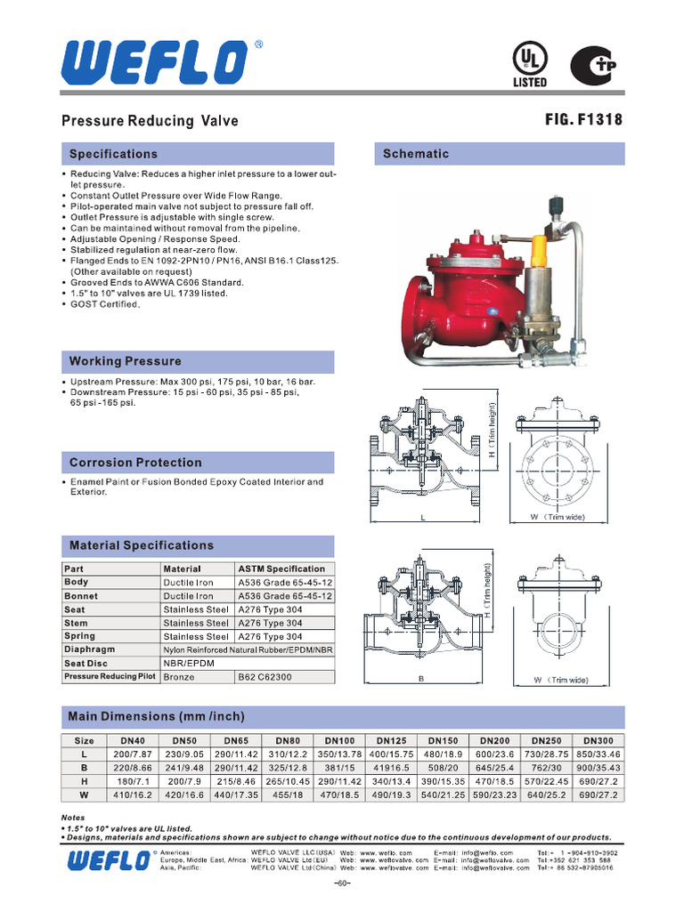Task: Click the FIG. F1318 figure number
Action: pyautogui.click(x=583, y=120)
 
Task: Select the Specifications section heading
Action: pyautogui.click(x=113, y=154)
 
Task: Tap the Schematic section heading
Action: pyautogui.click(x=416, y=154)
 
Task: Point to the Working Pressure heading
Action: pyautogui.click(x=125, y=361)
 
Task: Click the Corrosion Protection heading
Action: pyautogui.click(x=135, y=463)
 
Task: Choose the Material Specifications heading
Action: pyautogui.click(x=142, y=545)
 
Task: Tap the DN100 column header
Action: pyautogui.click(x=339, y=740)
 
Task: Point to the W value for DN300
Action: pyautogui.click(x=598, y=794)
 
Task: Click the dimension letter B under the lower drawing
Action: pyautogui.click(x=419, y=681)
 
